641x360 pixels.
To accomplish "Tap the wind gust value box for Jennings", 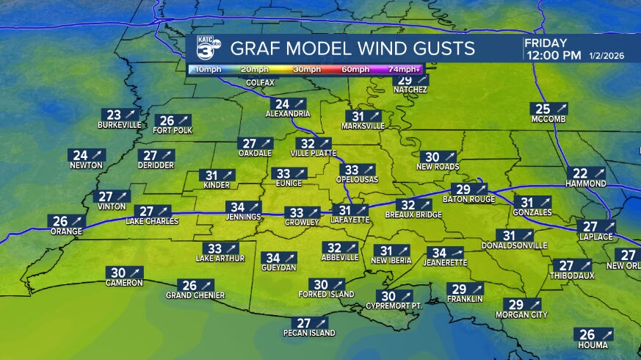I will (x=245, y=207).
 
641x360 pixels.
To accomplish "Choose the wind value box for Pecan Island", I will (x=312, y=323).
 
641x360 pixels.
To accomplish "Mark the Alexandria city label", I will (x=288, y=114).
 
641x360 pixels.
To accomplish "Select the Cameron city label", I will (x=123, y=282).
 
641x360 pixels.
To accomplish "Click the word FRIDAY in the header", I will (x=545, y=43).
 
